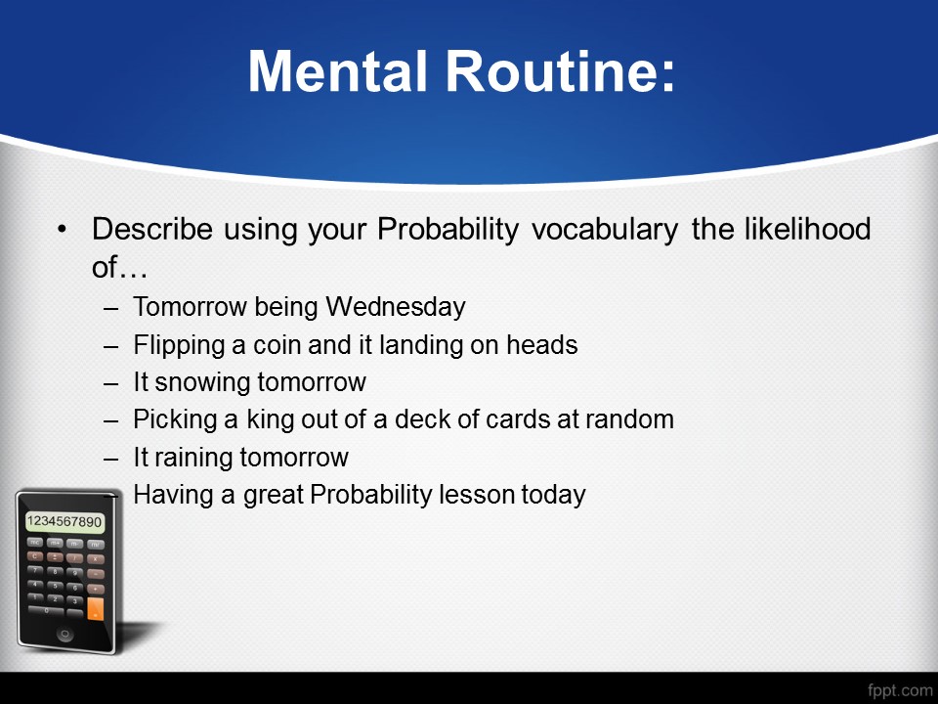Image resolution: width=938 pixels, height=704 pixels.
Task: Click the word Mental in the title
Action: pyautogui.click(x=337, y=70)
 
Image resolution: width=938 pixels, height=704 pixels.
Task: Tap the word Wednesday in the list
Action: pyautogui.click(x=396, y=306)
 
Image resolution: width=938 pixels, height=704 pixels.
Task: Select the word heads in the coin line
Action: pyautogui.click(x=542, y=345)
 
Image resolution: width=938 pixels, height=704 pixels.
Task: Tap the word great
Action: pyautogui.click(x=274, y=496)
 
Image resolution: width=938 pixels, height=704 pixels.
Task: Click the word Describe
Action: pyautogui.click(x=152, y=229)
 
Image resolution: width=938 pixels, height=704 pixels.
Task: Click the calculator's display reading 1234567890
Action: pyautogui.click(x=64, y=522)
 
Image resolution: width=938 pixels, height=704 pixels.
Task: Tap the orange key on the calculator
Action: pyautogui.click(x=95, y=608)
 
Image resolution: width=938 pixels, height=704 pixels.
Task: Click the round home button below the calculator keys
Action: pyautogui.click(x=64, y=635)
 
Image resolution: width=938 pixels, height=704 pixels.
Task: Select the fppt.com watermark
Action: pyautogui.click(x=900, y=690)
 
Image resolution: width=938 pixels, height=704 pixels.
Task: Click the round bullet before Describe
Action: pyautogui.click(x=62, y=229)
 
